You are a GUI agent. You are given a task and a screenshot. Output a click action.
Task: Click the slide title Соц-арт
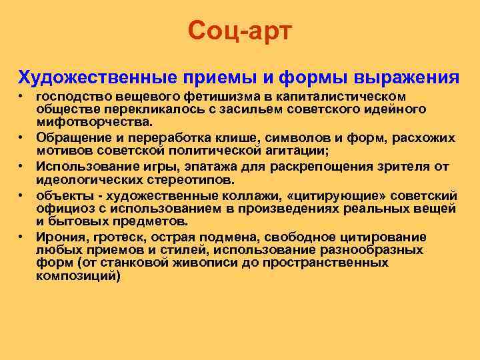tap(239, 30)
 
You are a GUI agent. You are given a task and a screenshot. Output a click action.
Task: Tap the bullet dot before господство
tap(21, 97)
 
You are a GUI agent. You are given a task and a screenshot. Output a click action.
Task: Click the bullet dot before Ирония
tap(21, 237)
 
